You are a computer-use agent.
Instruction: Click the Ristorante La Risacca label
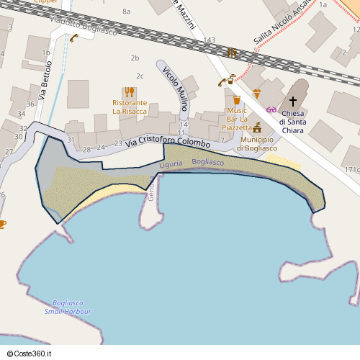click(130, 107)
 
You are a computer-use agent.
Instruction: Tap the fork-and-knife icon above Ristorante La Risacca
click(130, 91)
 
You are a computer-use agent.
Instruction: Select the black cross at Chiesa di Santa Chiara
click(292, 102)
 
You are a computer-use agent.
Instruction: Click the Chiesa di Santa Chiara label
click(292, 122)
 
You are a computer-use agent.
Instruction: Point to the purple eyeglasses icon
click(271, 109)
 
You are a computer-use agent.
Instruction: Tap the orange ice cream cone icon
click(257, 94)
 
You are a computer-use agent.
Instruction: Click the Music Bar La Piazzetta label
click(236, 119)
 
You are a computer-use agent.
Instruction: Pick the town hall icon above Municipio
click(257, 127)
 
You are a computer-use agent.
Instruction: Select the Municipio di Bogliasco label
click(258, 143)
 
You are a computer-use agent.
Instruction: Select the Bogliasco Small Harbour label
click(68, 307)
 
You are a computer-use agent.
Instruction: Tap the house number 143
click(210, 40)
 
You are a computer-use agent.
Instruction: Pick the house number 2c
click(140, 76)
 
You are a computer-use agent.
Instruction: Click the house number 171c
click(351, 170)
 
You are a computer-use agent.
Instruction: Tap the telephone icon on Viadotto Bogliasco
click(74, 37)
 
